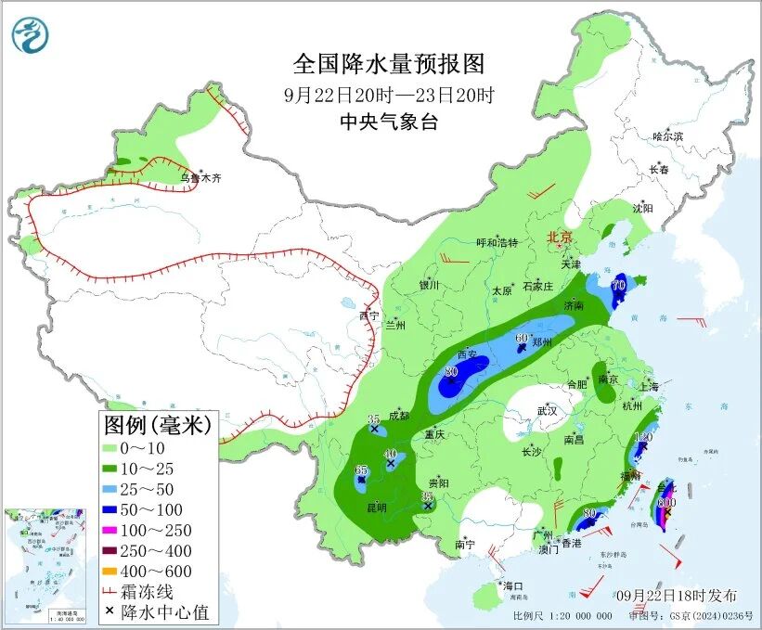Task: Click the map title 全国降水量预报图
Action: [x=389, y=64]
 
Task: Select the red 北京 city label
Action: [x=561, y=237]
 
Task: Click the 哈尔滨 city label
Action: [x=666, y=136]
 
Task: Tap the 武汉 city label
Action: [x=547, y=410]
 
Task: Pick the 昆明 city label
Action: [x=376, y=508]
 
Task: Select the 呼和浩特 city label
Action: [x=497, y=243]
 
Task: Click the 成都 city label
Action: [x=398, y=415]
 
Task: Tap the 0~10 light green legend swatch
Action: [x=119, y=448]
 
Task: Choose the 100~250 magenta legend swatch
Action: [x=119, y=530]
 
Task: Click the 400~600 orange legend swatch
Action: [x=119, y=571]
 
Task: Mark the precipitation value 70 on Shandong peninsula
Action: [x=618, y=284]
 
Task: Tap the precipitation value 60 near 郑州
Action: [x=521, y=338]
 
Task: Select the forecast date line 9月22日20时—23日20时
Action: [x=389, y=95]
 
